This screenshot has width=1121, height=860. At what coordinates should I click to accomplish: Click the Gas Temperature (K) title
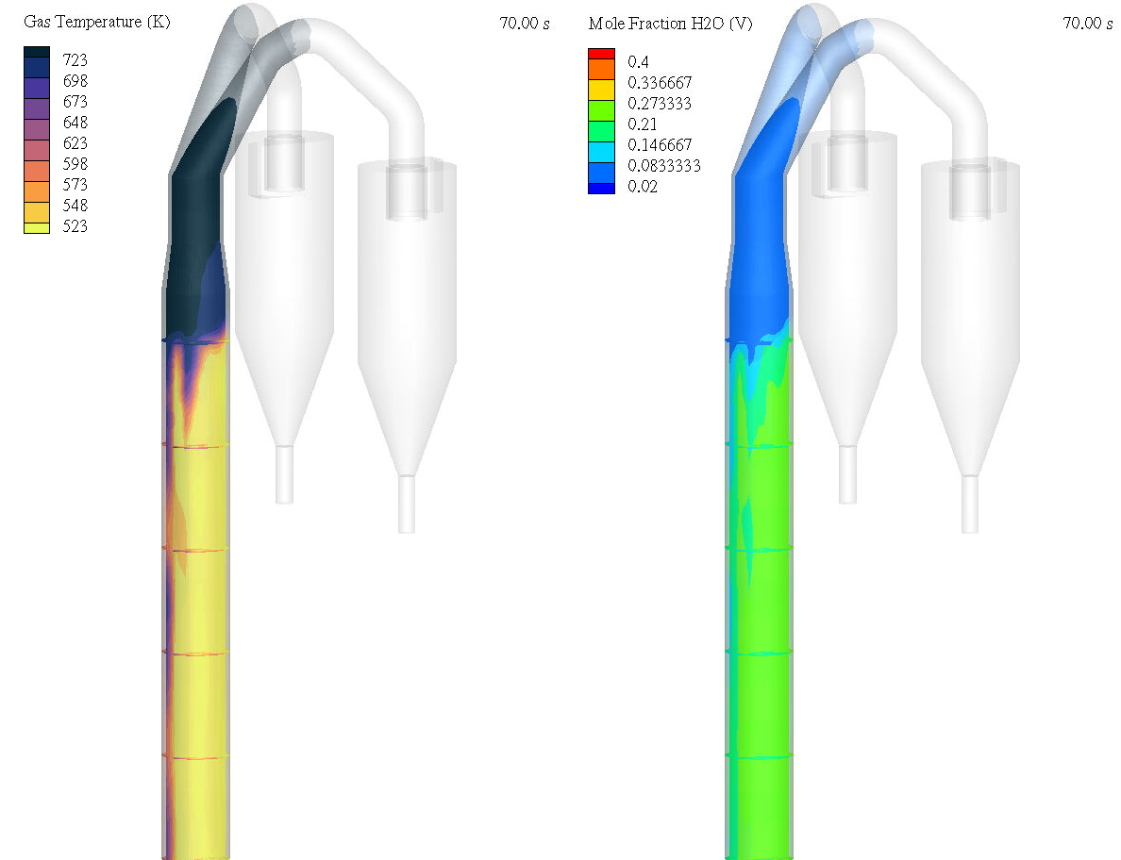point(96,22)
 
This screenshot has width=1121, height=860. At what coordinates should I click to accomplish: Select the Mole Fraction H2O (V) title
point(671,24)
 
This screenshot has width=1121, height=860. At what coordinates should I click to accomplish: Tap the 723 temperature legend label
point(75,60)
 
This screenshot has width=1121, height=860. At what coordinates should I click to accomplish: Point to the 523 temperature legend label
point(75,226)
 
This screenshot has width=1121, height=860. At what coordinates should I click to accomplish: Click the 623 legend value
point(75,143)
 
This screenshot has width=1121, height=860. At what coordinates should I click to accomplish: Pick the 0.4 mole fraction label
point(638,62)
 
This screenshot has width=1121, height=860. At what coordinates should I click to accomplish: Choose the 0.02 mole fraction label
point(643,187)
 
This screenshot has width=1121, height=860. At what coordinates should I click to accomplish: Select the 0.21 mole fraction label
point(643,124)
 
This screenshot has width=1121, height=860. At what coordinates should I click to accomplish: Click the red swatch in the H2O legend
point(601,54)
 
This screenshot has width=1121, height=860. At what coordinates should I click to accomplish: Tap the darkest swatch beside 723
point(37,52)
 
